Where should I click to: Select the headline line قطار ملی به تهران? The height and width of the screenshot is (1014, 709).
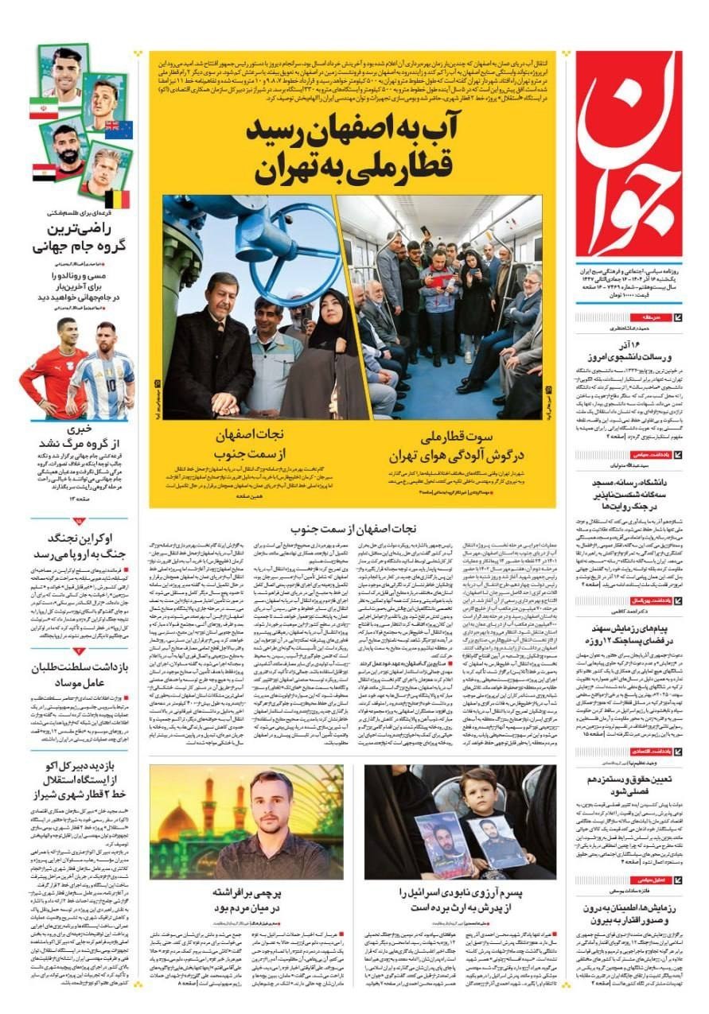[x=353, y=169]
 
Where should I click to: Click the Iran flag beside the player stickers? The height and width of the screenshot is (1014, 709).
[x=43, y=108]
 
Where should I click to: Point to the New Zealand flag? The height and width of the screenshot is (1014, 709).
[x=118, y=130]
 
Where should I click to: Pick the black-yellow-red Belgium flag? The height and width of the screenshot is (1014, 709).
[x=117, y=198]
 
